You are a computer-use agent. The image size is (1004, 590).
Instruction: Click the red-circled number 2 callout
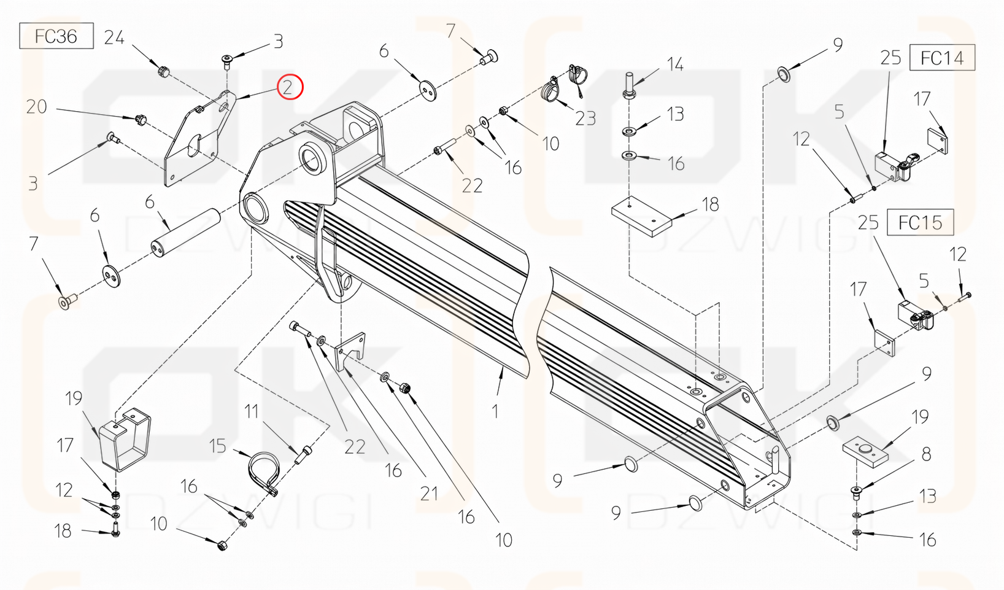click(290, 87)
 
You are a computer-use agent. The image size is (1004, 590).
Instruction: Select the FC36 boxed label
click(56, 36)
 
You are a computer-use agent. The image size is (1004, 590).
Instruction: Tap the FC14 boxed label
click(942, 58)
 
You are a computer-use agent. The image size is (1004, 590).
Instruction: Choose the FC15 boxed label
click(920, 222)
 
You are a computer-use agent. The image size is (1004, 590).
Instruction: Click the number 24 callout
click(114, 38)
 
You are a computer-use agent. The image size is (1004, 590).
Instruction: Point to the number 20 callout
click(37, 107)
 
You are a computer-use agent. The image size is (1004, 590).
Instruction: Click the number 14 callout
click(675, 64)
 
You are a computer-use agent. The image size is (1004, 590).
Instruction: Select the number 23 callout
click(585, 118)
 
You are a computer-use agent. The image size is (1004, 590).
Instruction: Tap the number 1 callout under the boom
click(495, 411)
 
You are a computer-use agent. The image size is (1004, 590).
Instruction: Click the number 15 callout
click(218, 446)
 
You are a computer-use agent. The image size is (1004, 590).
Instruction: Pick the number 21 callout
click(429, 493)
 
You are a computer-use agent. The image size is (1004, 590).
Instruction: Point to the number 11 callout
click(252, 411)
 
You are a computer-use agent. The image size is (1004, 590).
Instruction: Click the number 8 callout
click(926, 454)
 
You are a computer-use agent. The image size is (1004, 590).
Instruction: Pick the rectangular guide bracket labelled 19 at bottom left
click(125, 439)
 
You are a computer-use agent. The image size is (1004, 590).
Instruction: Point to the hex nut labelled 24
click(163, 71)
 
